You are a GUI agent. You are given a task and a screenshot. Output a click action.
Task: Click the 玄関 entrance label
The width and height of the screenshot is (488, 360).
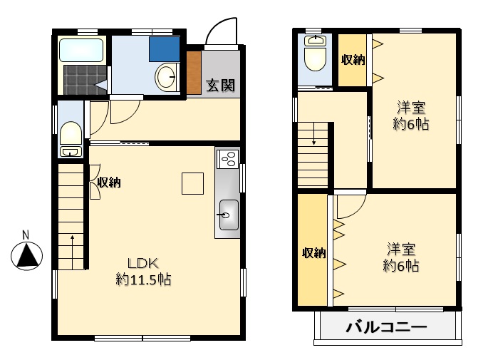221,86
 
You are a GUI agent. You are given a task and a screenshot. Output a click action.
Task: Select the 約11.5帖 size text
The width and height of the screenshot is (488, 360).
143,279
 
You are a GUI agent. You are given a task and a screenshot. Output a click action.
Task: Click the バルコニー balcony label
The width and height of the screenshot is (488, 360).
387,329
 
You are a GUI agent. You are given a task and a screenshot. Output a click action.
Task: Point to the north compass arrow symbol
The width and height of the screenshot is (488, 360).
26,254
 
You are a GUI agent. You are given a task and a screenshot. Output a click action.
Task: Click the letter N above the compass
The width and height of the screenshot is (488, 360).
26,235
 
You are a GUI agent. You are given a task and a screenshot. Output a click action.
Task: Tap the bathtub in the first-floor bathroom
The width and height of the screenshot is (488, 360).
82,51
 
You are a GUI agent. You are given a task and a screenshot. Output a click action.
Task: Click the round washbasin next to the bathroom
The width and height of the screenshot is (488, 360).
167,76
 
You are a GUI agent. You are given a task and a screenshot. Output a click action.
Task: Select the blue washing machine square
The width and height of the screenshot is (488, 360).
165,48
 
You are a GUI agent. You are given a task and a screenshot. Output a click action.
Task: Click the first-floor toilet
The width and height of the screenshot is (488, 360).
71,135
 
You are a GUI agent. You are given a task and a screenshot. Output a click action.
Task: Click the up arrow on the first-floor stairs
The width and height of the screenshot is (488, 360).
72,243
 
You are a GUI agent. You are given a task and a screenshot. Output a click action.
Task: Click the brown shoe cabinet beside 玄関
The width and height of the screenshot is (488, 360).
194,73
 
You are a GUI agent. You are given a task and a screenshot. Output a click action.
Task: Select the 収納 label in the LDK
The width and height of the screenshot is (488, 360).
110,183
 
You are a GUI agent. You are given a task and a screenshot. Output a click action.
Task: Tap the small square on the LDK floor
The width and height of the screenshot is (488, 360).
192,183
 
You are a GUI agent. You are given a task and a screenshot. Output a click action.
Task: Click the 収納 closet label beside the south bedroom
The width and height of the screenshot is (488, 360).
313,252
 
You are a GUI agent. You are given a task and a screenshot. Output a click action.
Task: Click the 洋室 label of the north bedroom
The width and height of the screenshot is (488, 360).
412,108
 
